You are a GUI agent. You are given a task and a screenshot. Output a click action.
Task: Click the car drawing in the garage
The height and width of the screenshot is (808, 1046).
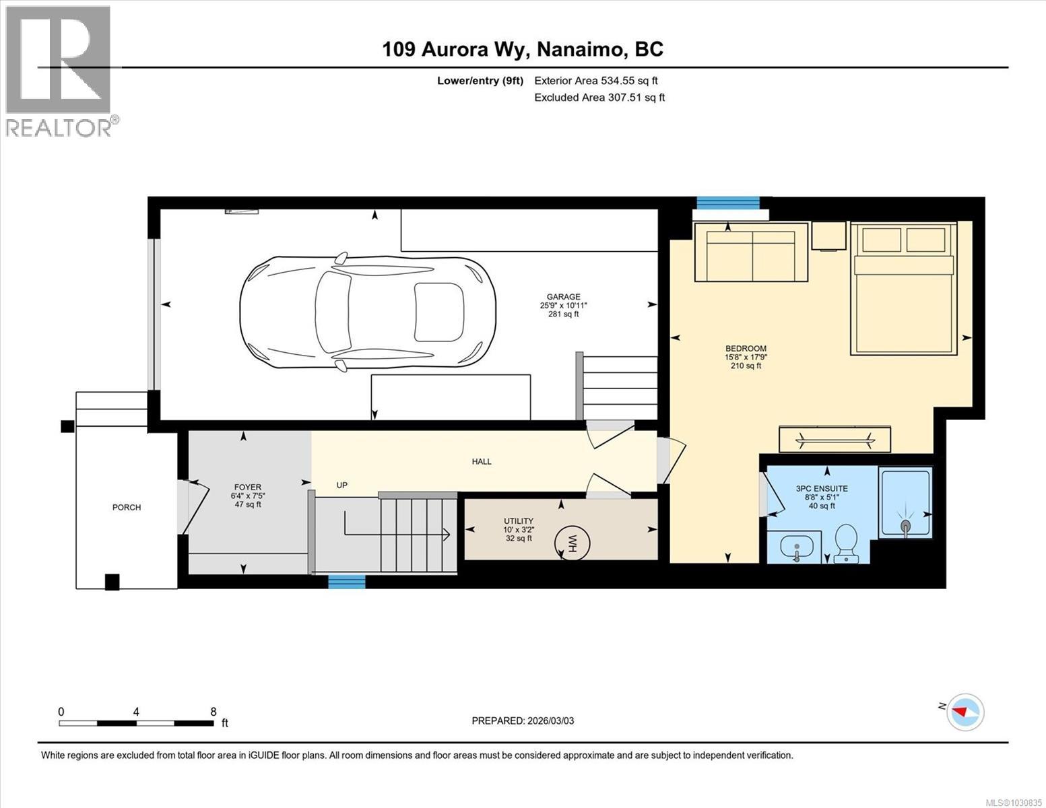[368, 312]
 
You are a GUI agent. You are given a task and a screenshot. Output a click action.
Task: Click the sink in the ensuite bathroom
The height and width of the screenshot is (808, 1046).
[795, 545]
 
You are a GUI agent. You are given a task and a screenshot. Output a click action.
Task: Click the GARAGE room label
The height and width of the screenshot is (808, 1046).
[563, 297]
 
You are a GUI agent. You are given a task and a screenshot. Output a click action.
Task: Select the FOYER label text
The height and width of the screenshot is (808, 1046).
[247, 487]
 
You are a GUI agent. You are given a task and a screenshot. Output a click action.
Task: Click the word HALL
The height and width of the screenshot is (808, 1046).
[482, 462]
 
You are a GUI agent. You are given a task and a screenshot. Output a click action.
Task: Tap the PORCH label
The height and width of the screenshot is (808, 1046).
[127, 508]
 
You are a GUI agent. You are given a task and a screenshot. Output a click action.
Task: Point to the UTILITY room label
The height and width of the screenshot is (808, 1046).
[519, 521]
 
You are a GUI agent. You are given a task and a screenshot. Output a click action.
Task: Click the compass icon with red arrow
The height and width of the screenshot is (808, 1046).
[965, 712]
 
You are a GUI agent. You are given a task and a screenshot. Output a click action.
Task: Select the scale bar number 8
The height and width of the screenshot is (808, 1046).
[214, 712]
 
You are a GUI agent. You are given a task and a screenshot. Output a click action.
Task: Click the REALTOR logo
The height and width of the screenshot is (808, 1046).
[59, 71]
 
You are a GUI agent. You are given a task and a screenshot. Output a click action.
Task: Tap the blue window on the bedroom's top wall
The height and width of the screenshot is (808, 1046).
[727, 202]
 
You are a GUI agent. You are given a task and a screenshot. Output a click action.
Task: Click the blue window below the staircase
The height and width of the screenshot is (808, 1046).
[347, 582]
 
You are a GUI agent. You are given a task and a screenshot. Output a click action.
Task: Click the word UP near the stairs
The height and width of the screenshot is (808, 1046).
[342, 485]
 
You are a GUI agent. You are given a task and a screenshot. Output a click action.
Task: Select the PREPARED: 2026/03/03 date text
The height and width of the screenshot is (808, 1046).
[523, 720]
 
